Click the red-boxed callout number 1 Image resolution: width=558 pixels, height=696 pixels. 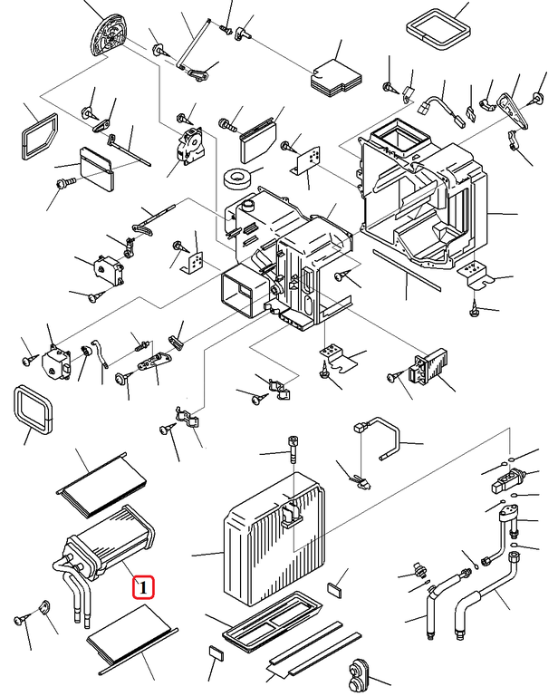coord(143,587)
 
